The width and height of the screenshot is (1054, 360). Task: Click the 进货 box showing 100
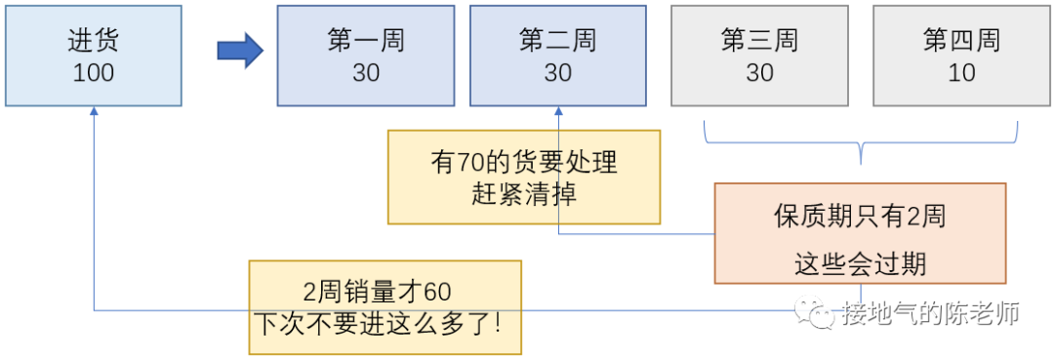point(93,56)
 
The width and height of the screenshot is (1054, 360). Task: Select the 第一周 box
point(365,56)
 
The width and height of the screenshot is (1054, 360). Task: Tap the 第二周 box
point(557,56)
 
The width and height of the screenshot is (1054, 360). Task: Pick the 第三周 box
point(759,56)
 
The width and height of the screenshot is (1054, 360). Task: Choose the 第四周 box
point(961,56)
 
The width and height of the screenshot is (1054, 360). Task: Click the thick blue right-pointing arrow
point(240,50)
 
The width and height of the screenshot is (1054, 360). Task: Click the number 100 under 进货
point(93,73)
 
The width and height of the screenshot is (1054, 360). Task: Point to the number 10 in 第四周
point(961,73)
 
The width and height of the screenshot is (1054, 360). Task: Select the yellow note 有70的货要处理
point(524,177)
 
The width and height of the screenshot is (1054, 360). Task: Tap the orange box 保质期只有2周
point(860,233)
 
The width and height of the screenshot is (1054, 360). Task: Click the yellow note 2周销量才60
point(385,306)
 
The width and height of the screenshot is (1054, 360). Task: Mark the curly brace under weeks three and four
point(861,146)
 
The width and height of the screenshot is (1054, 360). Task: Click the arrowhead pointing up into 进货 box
point(94,112)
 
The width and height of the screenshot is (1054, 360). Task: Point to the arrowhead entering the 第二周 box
point(558,112)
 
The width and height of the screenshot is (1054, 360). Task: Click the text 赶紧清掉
point(524,193)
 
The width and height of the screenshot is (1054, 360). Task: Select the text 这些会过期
point(860,262)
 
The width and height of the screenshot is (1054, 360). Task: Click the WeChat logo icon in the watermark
point(811,312)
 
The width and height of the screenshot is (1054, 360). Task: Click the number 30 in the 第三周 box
point(759,73)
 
